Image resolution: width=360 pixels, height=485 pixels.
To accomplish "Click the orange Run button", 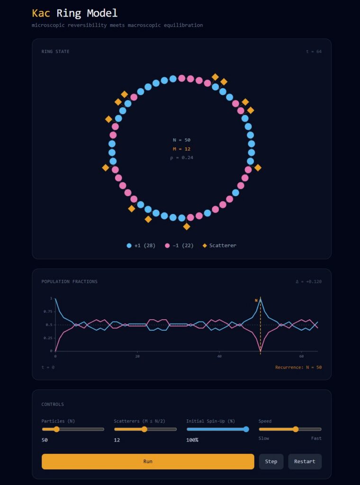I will (148, 461).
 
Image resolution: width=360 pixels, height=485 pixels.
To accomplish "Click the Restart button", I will (305, 461).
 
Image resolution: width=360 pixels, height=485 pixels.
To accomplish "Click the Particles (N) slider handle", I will (56, 429).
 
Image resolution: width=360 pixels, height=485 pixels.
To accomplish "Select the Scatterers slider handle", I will (144, 429).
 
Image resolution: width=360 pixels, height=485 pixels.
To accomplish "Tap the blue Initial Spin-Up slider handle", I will (246, 429).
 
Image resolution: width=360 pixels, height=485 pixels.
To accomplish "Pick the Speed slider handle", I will (296, 429).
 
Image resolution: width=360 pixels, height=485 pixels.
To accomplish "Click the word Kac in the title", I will (41, 13).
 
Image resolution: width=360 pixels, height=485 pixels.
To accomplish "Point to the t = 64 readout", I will (314, 52).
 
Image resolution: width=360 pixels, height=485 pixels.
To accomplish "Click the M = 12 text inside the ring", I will (181, 149).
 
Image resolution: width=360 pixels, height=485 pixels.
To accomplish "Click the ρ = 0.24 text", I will (181, 157).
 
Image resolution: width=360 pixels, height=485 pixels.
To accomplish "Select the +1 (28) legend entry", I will (141, 245).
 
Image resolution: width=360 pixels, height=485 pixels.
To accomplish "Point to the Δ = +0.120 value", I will (308, 281).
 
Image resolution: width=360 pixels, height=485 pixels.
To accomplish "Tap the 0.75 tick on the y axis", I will (47, 312).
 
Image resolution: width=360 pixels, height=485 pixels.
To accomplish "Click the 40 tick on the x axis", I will (219, 356).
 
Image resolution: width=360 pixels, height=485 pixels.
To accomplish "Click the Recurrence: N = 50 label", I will (298, 367).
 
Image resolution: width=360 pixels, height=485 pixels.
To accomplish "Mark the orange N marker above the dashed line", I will (256, 300).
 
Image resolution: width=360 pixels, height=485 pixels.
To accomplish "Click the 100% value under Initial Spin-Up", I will (192, 440).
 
